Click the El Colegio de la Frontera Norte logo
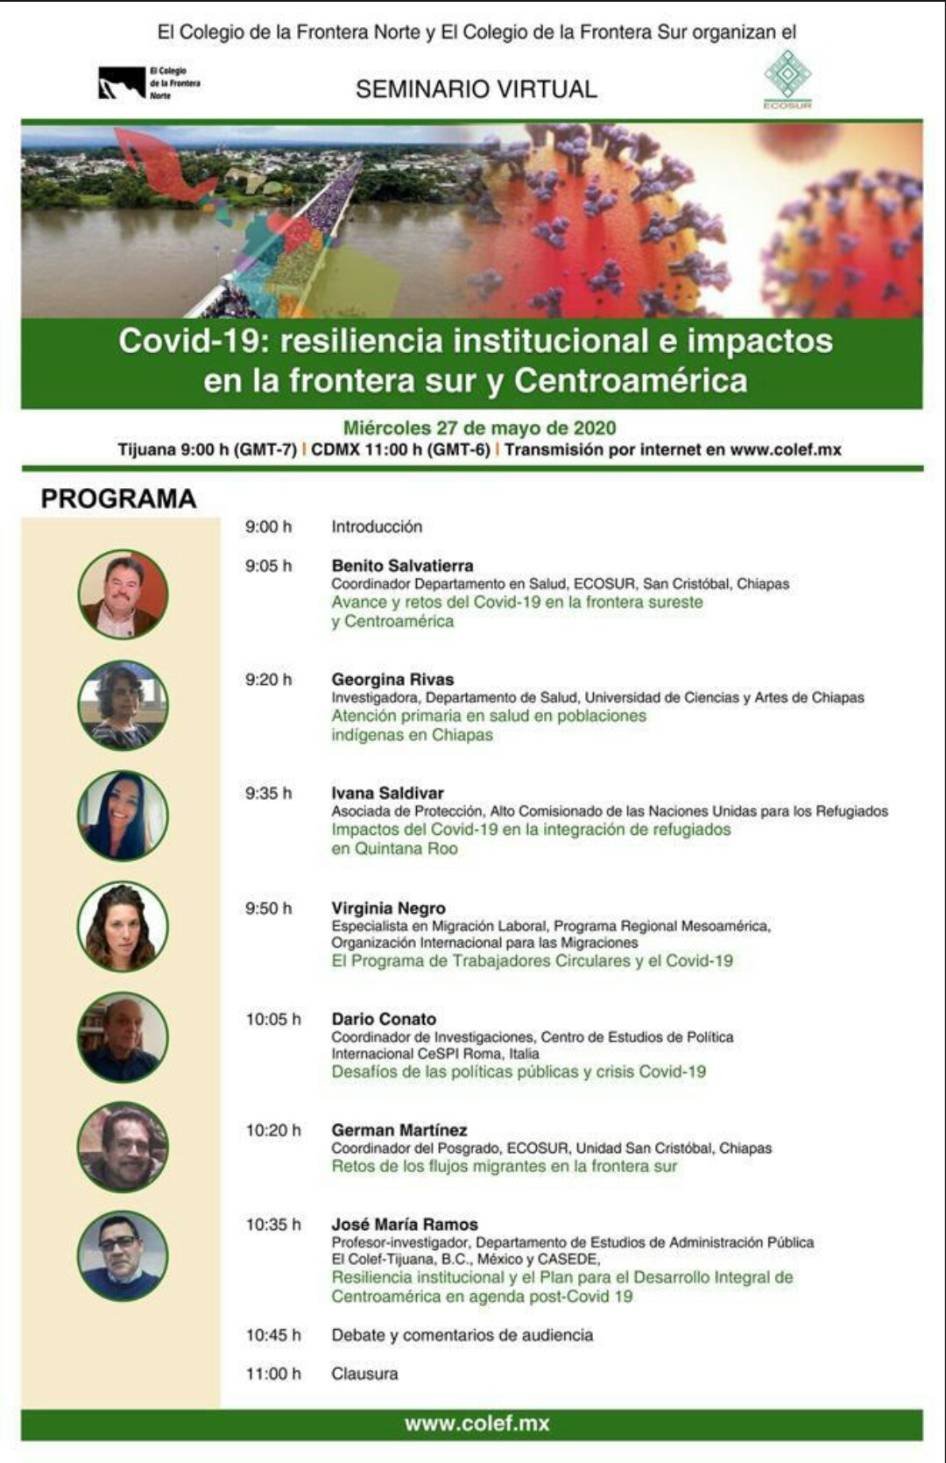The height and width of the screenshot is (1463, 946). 150,83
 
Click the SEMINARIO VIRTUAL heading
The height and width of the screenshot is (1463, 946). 477,88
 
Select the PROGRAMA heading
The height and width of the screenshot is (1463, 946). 119,498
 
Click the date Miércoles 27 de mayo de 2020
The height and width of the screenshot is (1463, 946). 480,428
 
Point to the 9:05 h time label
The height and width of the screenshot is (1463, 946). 268,566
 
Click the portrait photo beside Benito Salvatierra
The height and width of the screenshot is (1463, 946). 123,594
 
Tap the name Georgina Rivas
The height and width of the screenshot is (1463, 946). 392,679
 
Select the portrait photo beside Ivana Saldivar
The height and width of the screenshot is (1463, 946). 123,816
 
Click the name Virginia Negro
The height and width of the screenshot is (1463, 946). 388,908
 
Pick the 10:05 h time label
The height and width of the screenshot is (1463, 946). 273,1019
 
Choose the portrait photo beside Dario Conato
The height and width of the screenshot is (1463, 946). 123,1038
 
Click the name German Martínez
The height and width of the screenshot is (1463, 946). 399,1130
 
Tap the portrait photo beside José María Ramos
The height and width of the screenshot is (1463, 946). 123,1257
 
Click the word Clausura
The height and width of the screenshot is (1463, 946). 365,1374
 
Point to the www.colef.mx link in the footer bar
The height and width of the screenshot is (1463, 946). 477,1424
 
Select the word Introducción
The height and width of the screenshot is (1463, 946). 377,527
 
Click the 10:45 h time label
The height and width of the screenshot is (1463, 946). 273,1335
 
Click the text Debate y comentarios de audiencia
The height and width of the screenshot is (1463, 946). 462,1335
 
